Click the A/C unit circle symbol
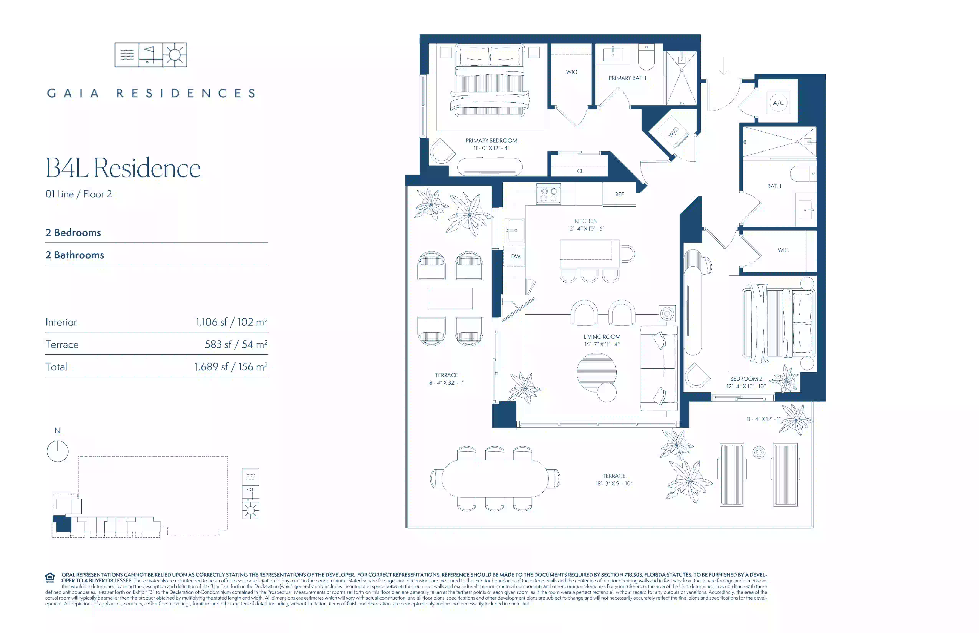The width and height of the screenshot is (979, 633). tap(778, 103)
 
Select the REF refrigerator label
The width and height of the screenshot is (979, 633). tap(619, 195)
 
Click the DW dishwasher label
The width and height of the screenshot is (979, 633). tap(515, 256)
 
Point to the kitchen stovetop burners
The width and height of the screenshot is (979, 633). tap(548, 195)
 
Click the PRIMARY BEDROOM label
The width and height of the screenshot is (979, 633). tap(491, 141)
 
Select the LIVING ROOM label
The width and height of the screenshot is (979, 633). tap(602, 337)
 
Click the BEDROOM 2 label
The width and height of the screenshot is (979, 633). tap(746, 379)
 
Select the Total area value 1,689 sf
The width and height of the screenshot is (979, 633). tap(211, 367)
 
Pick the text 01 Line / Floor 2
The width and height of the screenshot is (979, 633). tap(79, 194)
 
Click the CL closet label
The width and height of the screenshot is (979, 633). tap(580, 171)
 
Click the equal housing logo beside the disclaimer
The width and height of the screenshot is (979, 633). tap(50, 578)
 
